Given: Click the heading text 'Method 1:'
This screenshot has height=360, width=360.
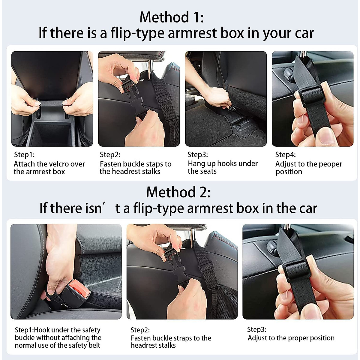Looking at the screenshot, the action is coord(172,17).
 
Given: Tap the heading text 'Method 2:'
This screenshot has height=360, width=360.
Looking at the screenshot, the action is coord(178,192).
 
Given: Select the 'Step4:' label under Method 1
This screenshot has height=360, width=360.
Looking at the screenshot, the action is coord(286,155).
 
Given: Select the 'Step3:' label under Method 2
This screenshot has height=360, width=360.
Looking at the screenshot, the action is coord(257,329).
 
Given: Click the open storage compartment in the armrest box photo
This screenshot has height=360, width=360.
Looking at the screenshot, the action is coord(51,133).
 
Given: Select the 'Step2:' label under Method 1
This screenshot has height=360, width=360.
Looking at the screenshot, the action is coord(110,155).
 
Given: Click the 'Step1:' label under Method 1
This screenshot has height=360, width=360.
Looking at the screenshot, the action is coord(24,155).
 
